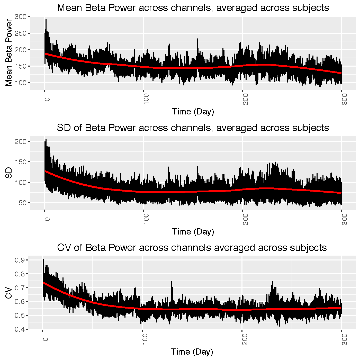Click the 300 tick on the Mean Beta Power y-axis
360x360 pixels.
pyautogui.click(x=21, y=17)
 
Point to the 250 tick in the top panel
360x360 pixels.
pyautogui.click(x=21, y=33)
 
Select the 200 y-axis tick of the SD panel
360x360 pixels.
pyautogui.click(x=21, y=142)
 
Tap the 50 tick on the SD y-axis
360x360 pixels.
pyautogui.click(x=23, y=203)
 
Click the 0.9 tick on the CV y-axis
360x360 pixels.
pyautogui.click(x=20, y=260)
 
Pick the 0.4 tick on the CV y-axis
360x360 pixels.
pyautogui.click(x=20, y=329)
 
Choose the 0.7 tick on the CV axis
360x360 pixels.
pyautogui.click(x=20, y=288)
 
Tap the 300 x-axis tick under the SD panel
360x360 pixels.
pyautogui.click(x=345, y=219)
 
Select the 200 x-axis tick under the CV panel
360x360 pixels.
pyautogui.click(x=245, y=339)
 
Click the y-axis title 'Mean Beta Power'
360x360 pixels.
pyautogui.click(x=9, y=53)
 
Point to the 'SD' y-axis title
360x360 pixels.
pyautogui.click(x=9, y=173)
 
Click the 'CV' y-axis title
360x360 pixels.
pyautogui.click(x=9, y=293)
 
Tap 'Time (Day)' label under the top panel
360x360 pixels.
pyautogui.click(x=193, y=112)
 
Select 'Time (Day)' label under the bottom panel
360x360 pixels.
pyautogui.click(x=192, y=352)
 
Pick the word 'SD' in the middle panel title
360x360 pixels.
pyautogui.click(x=64, y=128)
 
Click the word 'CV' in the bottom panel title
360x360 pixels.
pyautogui.click(x=64, y=248)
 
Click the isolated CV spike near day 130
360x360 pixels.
pyautogui.click(x=172, y=282)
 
